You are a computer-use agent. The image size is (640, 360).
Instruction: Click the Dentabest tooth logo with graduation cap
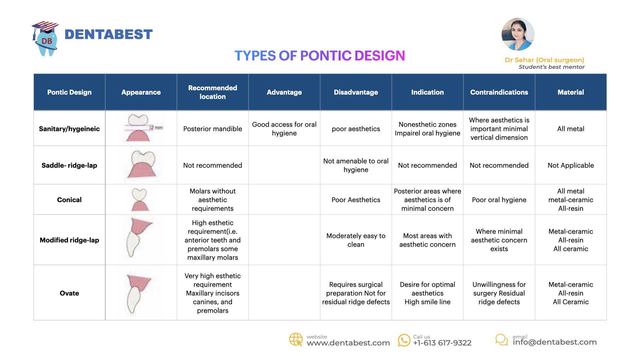[46, 38]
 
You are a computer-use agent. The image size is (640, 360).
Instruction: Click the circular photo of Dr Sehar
[518, 34]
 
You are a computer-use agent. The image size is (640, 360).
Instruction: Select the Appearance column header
[141, 92]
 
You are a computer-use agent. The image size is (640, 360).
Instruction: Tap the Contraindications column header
[499, 92]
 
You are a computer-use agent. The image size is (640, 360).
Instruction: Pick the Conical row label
[69, 200]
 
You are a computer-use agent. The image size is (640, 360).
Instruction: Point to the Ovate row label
[69, 293]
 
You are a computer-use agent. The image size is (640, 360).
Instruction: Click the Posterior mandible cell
[213, 129]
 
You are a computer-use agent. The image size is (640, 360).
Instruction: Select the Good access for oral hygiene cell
[284, 129]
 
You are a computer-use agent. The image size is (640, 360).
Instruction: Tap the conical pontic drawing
[140, 200]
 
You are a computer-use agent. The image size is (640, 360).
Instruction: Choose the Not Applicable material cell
[571, 165]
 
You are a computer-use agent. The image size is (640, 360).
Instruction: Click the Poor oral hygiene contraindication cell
[499, 200]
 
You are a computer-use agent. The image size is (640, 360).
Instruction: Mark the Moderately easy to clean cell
[356, 240]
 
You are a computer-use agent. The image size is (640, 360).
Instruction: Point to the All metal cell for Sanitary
[571, 129]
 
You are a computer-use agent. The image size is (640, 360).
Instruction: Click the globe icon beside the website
[296, 340]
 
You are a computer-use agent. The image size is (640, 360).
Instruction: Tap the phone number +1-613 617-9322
[442, 343]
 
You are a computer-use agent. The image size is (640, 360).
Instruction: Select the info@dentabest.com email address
[555, 342]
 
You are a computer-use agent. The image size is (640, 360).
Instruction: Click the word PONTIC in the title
[326, 56]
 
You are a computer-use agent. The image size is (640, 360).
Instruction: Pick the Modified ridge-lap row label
[69, 240]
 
